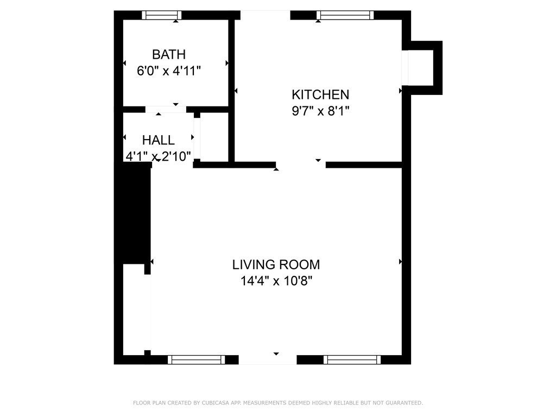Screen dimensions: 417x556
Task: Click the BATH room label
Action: click(x=169, y=54)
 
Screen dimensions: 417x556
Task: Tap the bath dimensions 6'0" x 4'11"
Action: click(x=169, y=70)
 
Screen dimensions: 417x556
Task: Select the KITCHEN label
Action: click(x=320, y=94)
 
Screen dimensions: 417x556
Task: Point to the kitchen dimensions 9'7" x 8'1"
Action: click(x=320, y=111)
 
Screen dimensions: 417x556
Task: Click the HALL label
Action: click(x=159, y=141)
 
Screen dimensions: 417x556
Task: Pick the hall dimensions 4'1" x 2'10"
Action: click(x=159, y=157)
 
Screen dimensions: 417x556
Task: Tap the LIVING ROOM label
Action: click(x=276, y=265)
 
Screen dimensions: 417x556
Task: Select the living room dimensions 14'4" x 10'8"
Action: click(x=276, y=281)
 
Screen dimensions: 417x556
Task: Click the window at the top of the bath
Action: click(x=162, y=15)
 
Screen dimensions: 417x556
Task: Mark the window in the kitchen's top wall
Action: click(x=345, y=15)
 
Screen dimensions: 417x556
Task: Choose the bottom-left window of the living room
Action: click(x=196, y=359)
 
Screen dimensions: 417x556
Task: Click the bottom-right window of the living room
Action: click(x=352, y=359)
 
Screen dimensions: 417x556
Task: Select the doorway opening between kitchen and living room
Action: click(x=301, y=165)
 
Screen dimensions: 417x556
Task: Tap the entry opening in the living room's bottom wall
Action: click(x=268, y=359)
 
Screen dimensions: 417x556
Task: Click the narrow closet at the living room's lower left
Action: click(x=133, y=309)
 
